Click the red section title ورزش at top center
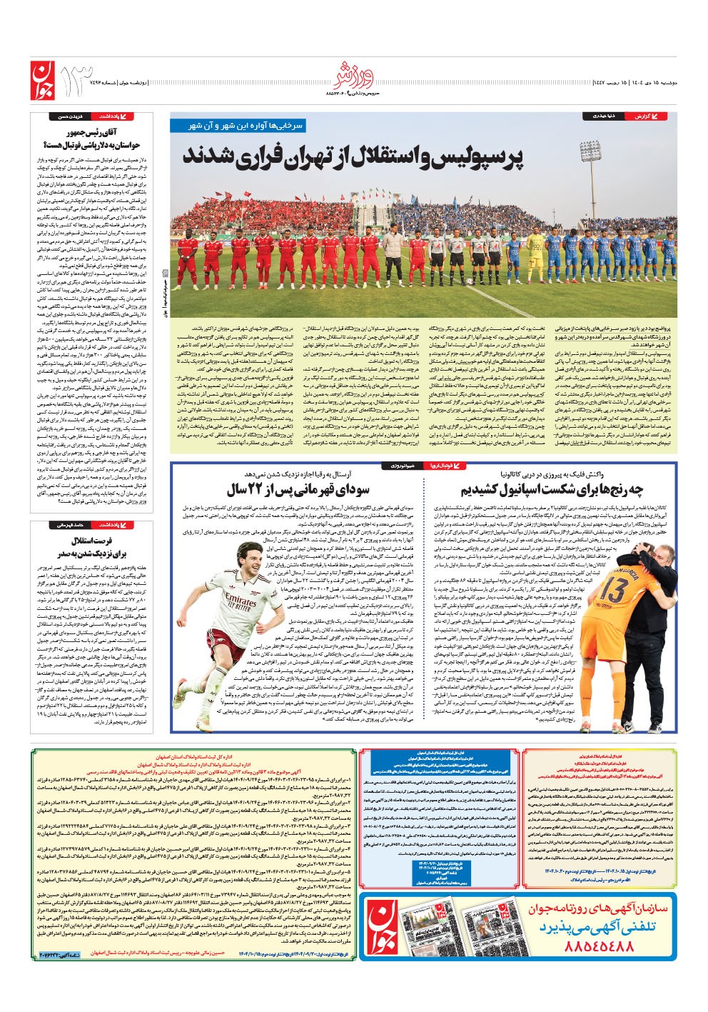click(x=353, y=73)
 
